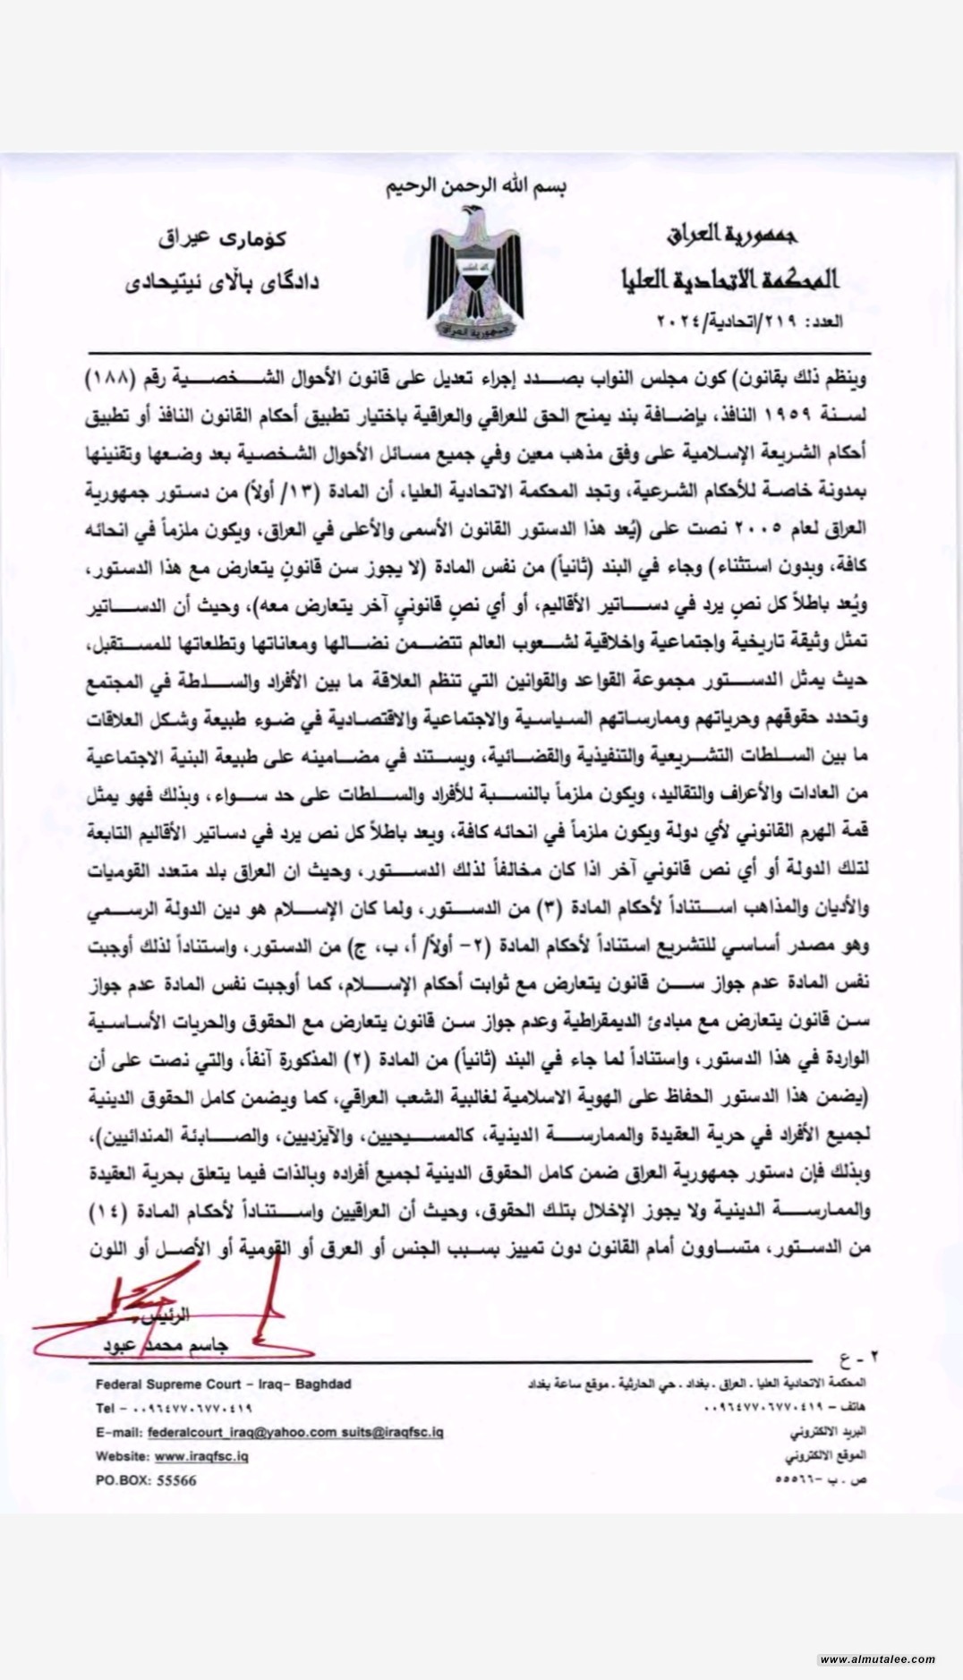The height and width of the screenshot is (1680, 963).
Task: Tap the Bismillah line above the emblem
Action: coord(476,188)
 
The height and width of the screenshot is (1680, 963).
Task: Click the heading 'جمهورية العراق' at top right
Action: coord(731,236)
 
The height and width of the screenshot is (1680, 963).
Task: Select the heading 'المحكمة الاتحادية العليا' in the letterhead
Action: coord(730,279)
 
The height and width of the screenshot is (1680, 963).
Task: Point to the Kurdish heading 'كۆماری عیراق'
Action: coord(223,238)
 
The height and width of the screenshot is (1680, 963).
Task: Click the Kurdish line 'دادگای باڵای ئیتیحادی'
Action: coord(221,282)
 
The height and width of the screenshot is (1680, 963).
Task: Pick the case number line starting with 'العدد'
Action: coord(750,320)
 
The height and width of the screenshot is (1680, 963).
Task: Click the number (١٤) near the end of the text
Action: coord(112,1212)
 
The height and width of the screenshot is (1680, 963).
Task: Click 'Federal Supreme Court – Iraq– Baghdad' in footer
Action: coord(223,1384)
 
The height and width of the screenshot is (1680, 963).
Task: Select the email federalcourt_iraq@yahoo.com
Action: coord(242,1432)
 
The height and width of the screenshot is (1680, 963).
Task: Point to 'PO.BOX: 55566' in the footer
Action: coord(146,1480)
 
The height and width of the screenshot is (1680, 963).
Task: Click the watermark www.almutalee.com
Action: coord(876,1659)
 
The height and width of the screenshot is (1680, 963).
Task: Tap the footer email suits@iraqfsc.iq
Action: coord(391,1432)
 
